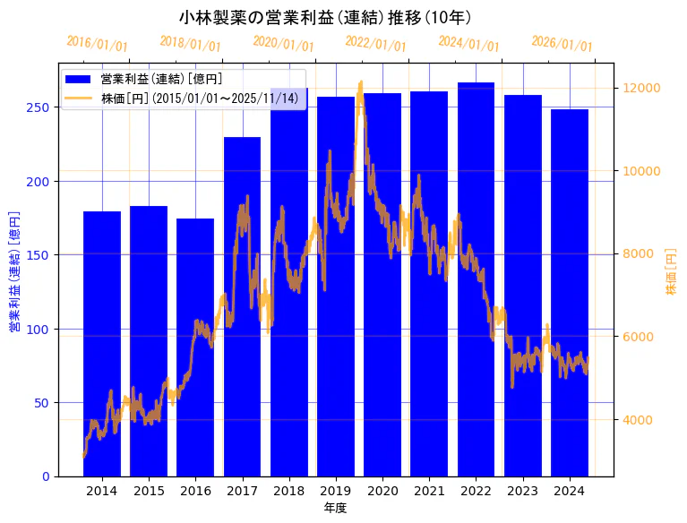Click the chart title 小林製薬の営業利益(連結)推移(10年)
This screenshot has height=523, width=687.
click(325, 17)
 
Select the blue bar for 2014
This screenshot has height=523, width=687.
click(102, 358)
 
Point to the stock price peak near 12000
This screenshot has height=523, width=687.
click(361, 83)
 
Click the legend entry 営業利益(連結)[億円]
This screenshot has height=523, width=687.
click(161, 80)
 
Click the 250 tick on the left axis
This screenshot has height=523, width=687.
click(42, 107)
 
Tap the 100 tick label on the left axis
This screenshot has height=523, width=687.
click(42, 329)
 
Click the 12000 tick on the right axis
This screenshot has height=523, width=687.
click(642, 88)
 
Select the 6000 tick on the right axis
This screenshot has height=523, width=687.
click(639, 337)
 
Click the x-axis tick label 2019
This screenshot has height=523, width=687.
click(336, 491)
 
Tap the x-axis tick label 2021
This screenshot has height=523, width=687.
click(429, 491)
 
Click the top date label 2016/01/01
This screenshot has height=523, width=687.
click(97, 44)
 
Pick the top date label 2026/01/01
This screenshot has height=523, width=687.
click(562, 44)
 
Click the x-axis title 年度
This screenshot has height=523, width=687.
click(335, 508)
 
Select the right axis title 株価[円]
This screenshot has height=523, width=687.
click(671, 273)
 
